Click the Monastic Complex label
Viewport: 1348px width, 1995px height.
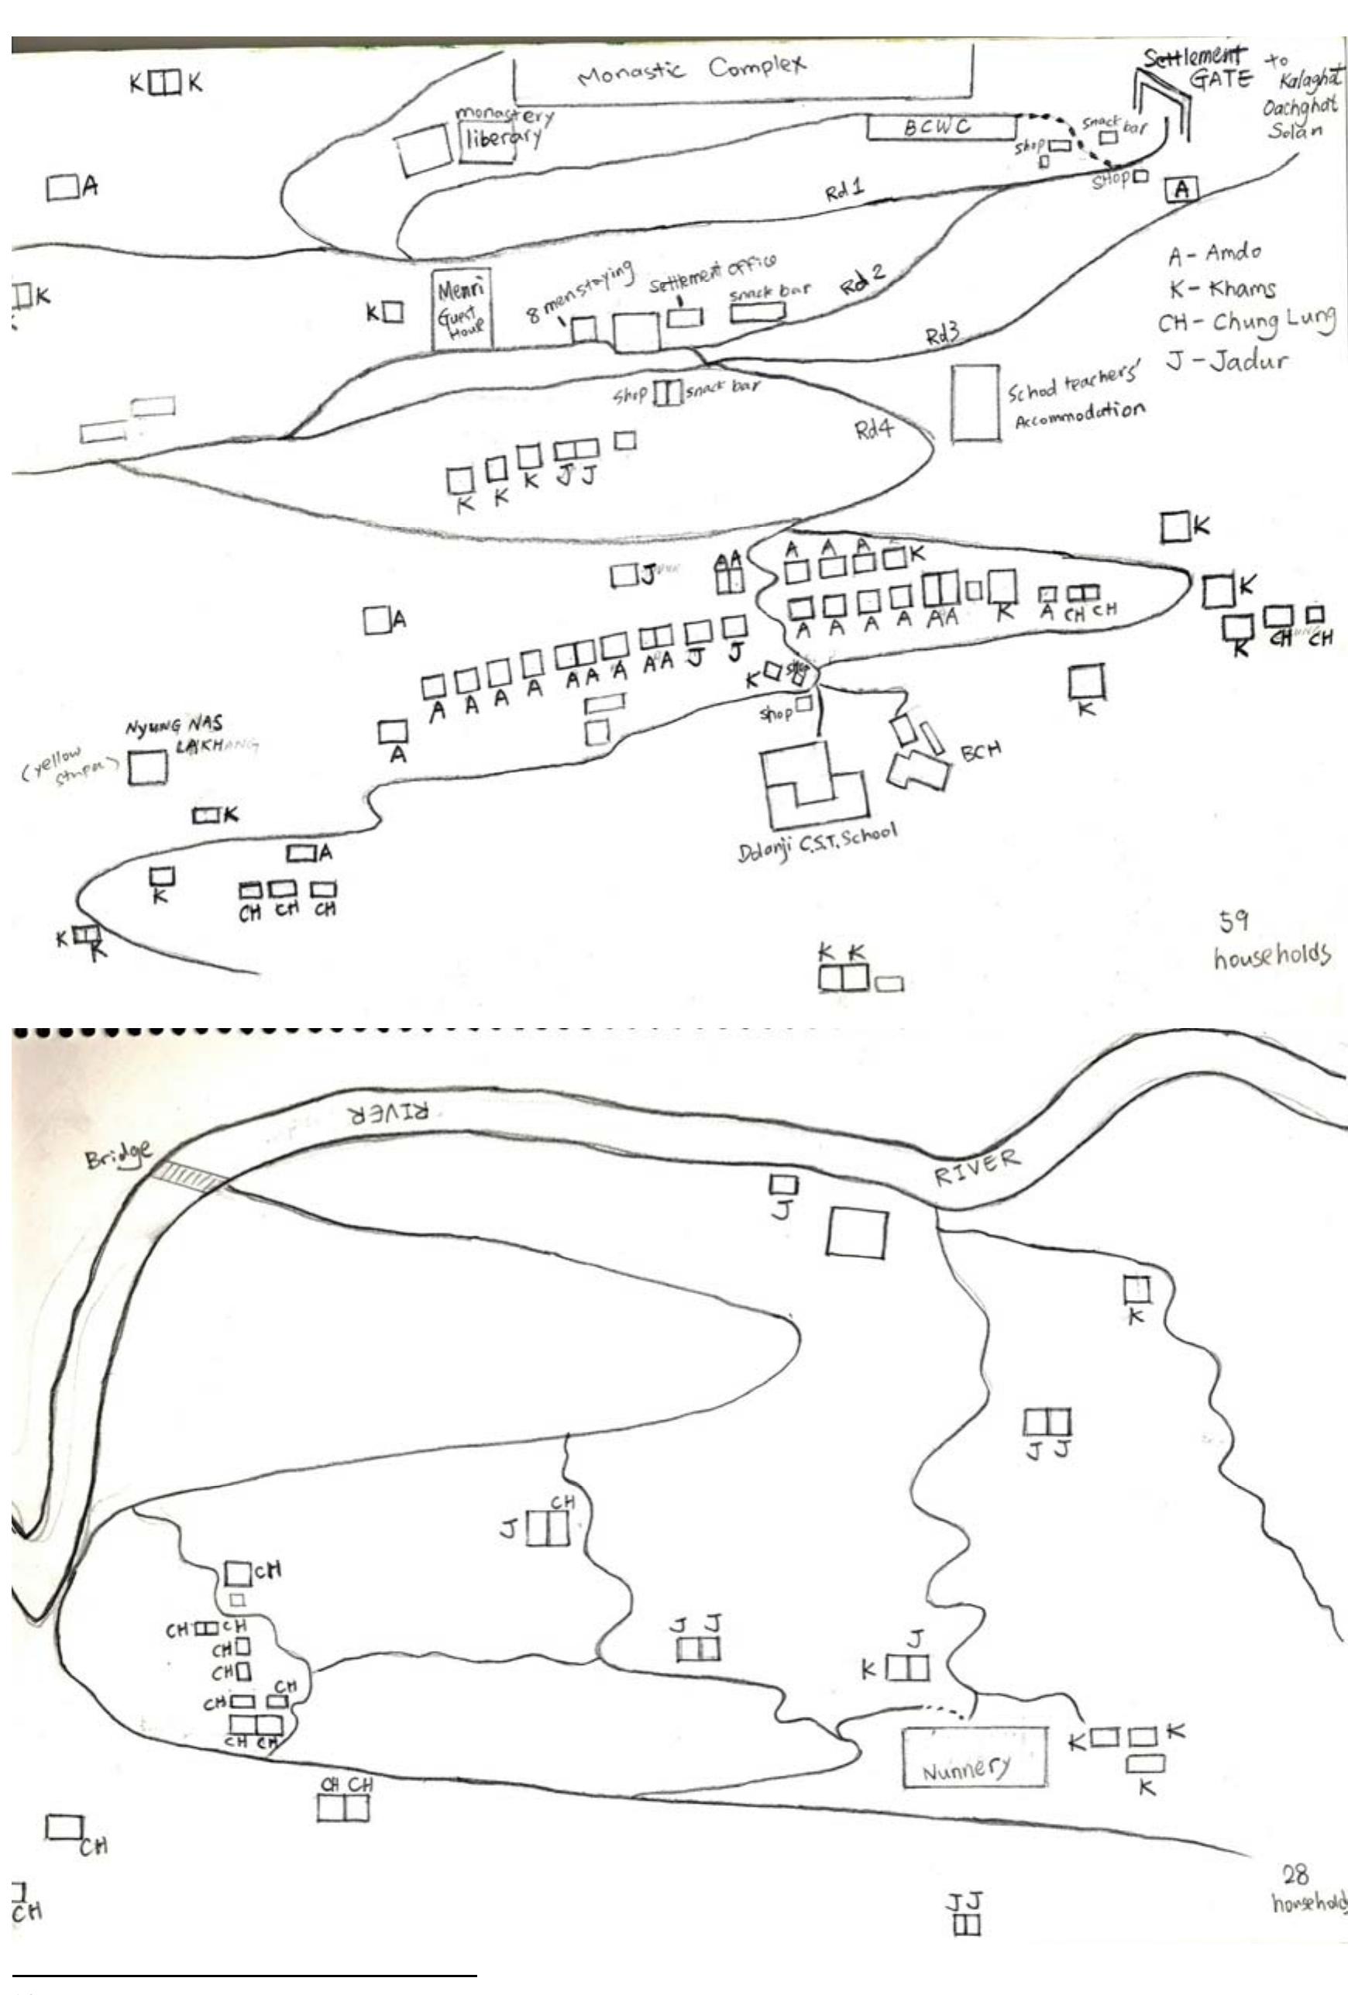coord(692,70)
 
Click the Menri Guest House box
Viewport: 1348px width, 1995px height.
coord(462,310)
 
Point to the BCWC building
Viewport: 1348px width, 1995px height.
coord(939,128)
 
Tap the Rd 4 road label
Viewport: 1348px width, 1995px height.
coord(873,428)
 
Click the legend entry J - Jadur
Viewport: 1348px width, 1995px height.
coord(1228,360)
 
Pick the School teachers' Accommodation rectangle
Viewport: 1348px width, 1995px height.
coord(975,404)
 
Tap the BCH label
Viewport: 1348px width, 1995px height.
coord(980,752)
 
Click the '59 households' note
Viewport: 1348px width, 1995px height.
coord(1269,940)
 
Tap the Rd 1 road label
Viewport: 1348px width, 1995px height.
coord(845,191)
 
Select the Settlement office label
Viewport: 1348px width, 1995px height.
coord(712,273)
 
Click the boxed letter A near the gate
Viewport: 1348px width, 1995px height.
coord(1181,189)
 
